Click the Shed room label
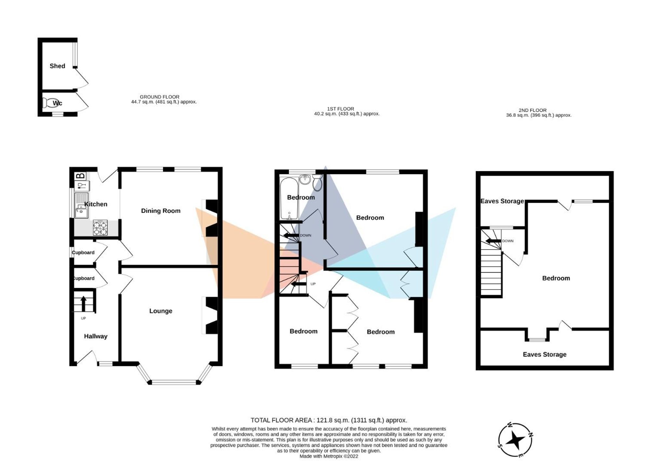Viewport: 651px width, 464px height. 57,66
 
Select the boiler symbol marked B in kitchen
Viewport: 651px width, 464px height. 80,176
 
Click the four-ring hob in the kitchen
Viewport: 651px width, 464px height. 100,227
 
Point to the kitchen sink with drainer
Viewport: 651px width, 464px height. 81,205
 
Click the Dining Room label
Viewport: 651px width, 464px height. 160,211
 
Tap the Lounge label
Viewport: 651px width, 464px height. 160,311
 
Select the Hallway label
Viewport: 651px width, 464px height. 95,336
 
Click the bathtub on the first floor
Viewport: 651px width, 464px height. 289,198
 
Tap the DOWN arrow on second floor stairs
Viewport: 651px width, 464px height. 493,241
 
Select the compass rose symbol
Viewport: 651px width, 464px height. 516,440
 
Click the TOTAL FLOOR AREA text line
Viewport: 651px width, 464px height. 329,420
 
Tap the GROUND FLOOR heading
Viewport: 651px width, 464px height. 159,97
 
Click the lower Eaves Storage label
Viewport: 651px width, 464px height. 545,355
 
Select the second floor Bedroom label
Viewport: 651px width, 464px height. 556,278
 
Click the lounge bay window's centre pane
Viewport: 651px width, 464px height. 174,382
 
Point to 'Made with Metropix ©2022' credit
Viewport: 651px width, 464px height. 329,457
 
